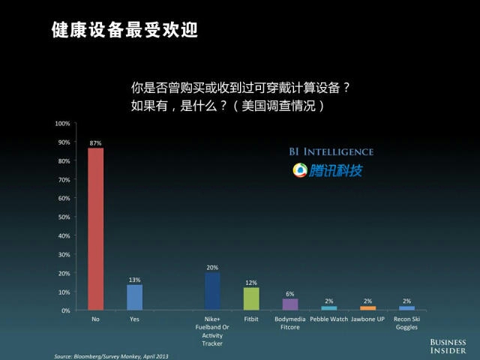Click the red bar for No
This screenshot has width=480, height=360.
[96, 229]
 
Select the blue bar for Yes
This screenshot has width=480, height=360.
[135, 297]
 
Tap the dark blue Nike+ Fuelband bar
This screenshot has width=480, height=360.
[212, 291]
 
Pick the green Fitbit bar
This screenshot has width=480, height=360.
[251, 298]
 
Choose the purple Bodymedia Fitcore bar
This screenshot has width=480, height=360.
[290, 304]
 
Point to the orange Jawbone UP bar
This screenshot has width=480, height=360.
[367, 307]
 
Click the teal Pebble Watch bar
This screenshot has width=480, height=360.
[328, 307]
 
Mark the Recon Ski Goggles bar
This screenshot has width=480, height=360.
[406, 307]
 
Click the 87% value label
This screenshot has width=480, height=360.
[95, 142]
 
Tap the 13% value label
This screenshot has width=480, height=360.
[134, 280]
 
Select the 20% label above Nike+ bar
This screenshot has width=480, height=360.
[212, 267]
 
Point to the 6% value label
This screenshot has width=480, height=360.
[290, 293]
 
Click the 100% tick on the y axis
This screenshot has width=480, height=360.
[63, 123]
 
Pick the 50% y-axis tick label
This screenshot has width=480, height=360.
[64, 217]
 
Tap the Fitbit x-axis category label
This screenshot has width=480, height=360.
[251, 319]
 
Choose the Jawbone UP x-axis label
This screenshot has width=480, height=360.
[367, 319]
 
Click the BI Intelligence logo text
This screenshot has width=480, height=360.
[331, 151]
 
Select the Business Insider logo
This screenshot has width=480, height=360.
[448, 345]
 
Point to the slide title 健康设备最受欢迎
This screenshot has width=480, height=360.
[124, 31]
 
